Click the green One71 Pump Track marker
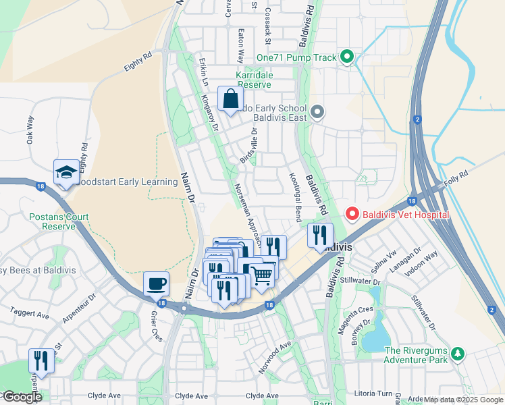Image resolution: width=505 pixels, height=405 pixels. point(348,57)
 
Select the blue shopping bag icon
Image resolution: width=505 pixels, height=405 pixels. point(230,99)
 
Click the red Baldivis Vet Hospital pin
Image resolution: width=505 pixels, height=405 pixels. point(352,215)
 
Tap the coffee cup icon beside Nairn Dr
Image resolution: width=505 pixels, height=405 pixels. point(157,283)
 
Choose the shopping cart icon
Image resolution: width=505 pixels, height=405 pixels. point(262,274)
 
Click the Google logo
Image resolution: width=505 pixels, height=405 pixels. point(22,397)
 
